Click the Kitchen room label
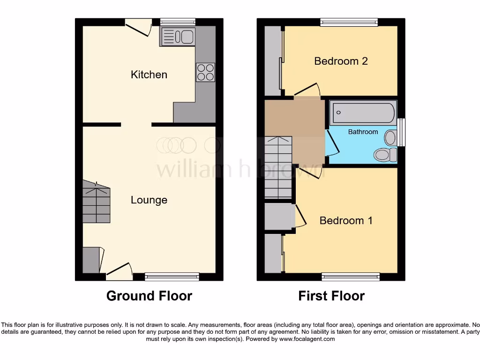tap(149, 75)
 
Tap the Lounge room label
tap(149, 200)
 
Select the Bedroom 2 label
tap(341, 61)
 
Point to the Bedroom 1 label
tap(346, 220)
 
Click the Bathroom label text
tap(363, 132)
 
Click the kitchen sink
tap(178, 37)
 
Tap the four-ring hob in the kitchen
tap(205, 72)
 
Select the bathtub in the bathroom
tap(364, 113)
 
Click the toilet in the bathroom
tap(386, 154)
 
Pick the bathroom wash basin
tap(390, 138)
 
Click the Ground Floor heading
tap(149, 296)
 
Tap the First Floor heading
tap(331, 296)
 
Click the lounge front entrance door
tap(120, 271)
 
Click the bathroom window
tap(402, 132)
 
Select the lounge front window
tap(172, 277)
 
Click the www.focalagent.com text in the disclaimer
tap(307, 339)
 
